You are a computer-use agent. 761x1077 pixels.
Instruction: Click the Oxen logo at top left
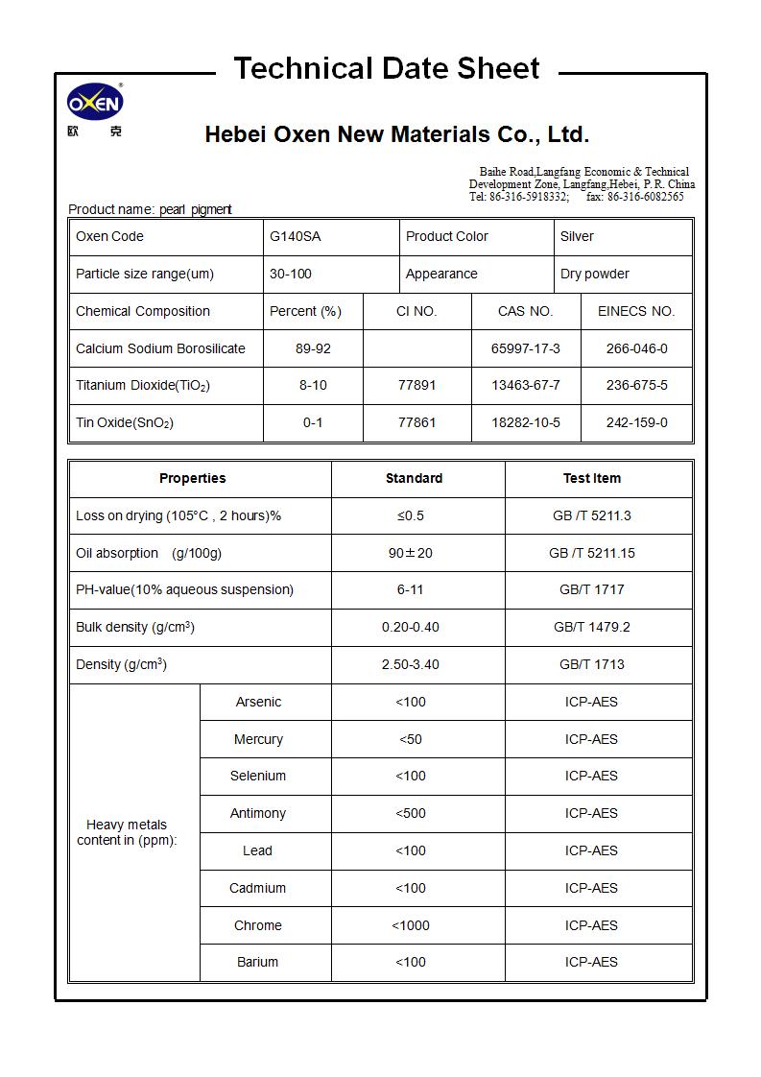click(x=95, y=103)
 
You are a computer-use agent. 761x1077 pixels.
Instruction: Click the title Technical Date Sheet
click(x=387, y=68)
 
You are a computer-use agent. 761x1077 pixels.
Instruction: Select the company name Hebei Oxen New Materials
click(x=396, y=134)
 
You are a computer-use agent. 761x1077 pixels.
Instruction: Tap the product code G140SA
click(x=295, y=236)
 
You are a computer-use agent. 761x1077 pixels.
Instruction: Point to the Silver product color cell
click(x=577, y=236)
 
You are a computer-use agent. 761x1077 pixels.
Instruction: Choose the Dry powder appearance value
click(x=594, y=274)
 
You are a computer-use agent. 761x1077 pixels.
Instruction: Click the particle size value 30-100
click(x=290, y=274)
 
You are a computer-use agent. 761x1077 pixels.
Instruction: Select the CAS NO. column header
click(x=525, y=311)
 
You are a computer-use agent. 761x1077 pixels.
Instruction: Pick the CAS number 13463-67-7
click(x=525, y=385)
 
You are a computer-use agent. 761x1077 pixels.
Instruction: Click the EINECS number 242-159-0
click(x=636, y=422)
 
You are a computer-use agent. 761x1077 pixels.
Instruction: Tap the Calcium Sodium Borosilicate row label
click(x=160, y=348)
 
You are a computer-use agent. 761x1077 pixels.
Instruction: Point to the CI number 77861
click(x=416, y=422)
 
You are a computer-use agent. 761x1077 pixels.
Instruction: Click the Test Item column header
click(x=591, y=478)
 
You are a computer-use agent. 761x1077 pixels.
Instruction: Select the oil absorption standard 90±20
click(x=410, y=553)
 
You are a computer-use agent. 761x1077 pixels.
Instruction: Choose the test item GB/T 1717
click(x=591, y=589)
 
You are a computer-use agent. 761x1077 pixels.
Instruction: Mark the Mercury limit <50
click(x=410, y=739)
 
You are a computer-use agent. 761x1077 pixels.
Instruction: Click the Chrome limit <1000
click(x=410, y=925)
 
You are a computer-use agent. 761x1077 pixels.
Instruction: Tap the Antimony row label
click(x=257, y=813)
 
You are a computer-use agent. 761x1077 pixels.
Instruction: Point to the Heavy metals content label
click(x=127, y=832)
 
